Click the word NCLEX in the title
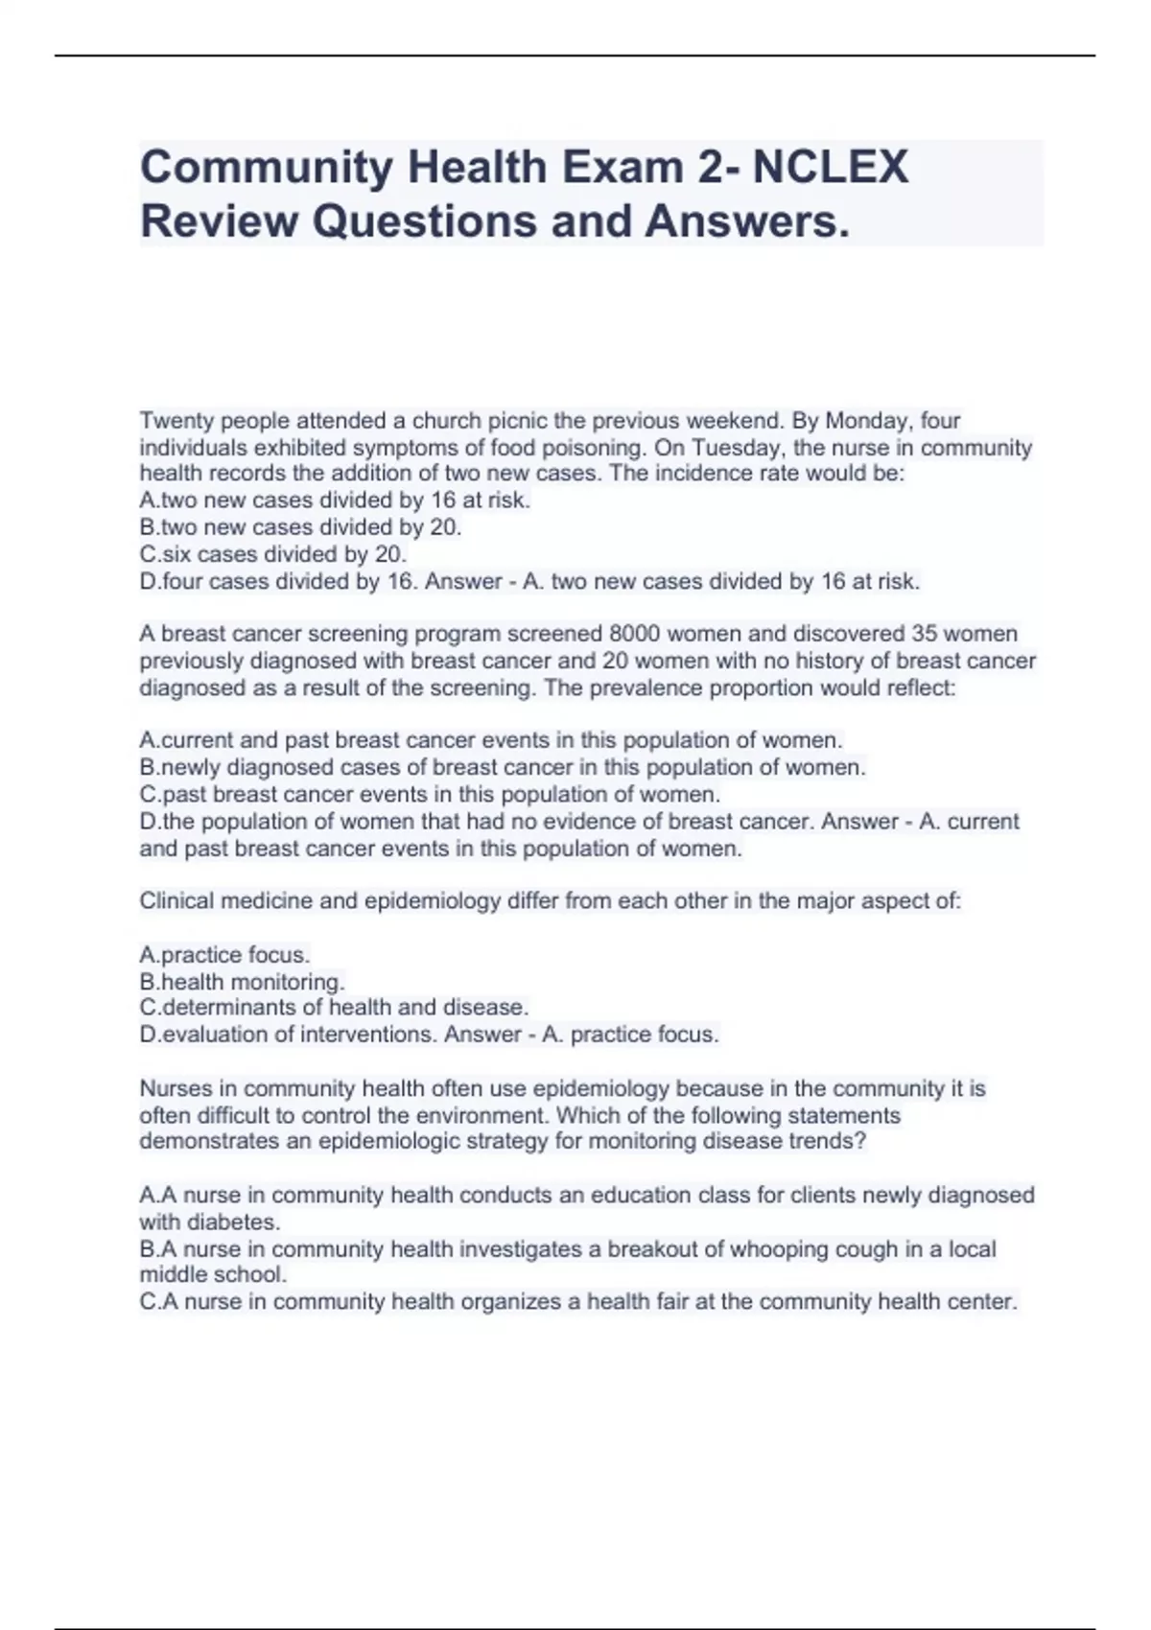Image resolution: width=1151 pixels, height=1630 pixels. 831,167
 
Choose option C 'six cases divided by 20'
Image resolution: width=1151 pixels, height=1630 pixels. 273,554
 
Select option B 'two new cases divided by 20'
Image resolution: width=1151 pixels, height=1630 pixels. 301,527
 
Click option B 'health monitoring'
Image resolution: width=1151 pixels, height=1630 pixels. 243,982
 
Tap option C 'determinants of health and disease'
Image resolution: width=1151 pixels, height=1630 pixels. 335,1008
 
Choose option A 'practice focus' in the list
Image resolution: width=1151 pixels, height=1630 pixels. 225,955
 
